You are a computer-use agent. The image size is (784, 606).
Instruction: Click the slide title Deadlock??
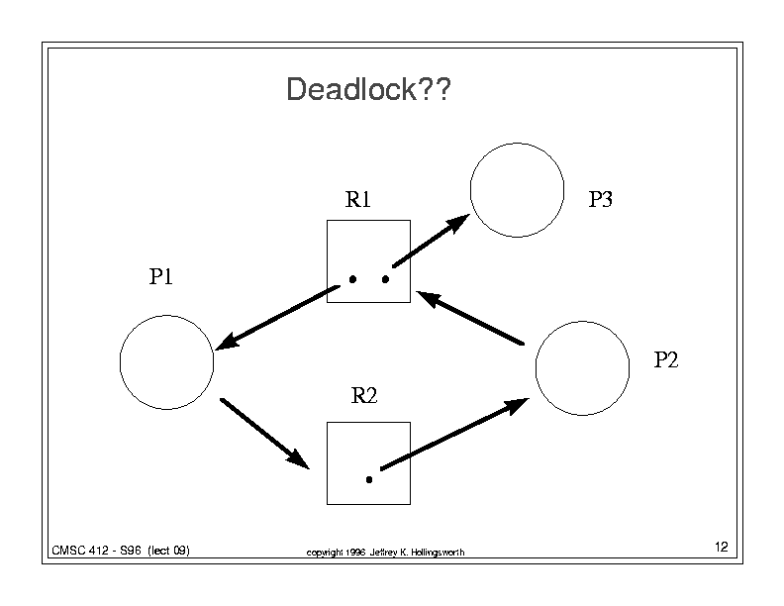(x=368, y=89)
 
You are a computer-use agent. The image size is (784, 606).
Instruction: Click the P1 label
(x=161, y=276)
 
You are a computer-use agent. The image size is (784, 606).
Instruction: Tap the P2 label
(x=666, y=359)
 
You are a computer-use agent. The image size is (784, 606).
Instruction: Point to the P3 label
(x=600, y=199)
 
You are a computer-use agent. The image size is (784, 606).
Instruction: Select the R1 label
(x=358, y=199)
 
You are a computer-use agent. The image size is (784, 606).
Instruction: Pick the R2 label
(x=364, y=395)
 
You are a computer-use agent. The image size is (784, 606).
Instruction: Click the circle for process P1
(x=120, y=362)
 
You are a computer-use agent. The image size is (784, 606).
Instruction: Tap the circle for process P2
(x=536, y=368)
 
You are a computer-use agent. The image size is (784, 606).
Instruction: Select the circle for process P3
(x=470, y=190)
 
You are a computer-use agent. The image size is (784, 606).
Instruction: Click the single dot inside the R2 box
(x=369, y=480)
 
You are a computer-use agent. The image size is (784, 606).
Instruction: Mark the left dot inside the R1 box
(x=352, y=279)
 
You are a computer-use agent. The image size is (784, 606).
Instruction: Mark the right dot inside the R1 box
(x=385, y=279)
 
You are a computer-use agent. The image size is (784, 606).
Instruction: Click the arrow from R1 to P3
(x=431, y=241)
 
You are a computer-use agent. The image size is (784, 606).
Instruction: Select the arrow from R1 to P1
(x=277, y=318)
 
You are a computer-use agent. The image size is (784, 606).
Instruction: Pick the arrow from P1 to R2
(x=265, y=434)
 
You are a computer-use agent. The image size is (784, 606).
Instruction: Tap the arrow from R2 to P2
(x=454, y=434)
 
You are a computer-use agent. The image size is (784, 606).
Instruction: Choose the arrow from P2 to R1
(x=470, y=318)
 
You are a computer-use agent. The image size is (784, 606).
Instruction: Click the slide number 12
(x=721, y=547)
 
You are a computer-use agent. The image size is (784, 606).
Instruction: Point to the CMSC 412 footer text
(x=121, y=551)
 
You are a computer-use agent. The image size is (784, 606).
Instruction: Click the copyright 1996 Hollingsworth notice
(x=385, y=552)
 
